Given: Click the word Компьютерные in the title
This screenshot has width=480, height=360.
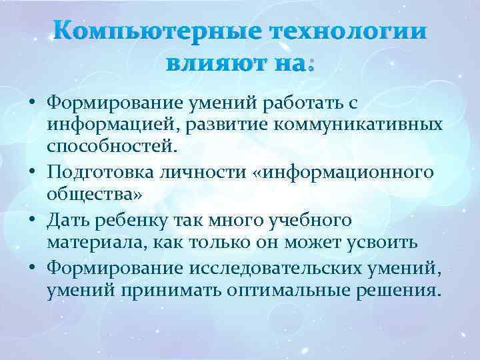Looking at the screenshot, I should click(152, 34).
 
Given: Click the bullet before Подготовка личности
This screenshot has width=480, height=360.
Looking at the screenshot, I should click(31, 173).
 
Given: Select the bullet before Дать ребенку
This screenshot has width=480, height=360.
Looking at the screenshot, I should click(31, 221).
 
